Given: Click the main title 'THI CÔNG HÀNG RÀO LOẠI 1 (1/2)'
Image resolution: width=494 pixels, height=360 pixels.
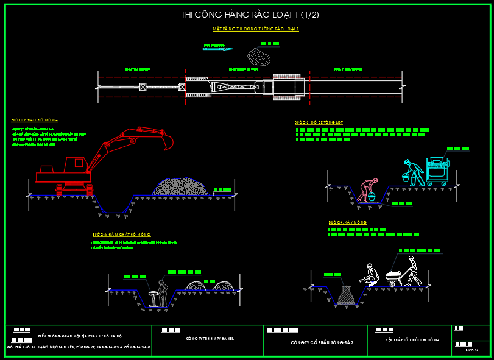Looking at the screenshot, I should tap(250, 15).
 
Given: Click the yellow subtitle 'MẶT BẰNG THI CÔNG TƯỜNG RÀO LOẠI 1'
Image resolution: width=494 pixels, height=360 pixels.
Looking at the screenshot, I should tap(255, 29).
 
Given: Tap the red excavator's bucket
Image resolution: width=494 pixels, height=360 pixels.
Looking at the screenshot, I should tap(166, 141).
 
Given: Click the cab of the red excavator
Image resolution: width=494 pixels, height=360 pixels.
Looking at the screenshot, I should tap(76, 163).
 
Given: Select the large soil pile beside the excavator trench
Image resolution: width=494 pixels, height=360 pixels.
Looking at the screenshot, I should tap(181, 186).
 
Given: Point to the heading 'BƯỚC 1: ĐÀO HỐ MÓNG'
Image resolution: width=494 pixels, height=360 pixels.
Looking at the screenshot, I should tap(35, 120).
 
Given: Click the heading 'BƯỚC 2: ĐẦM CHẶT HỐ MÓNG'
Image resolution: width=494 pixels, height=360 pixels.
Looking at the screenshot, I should tap(121, 235).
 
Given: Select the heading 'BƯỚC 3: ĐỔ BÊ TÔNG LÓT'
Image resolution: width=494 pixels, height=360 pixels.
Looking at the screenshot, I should tap(319, 122).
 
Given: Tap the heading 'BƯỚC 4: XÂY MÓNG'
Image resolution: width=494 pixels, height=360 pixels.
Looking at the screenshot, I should tap(347, 223).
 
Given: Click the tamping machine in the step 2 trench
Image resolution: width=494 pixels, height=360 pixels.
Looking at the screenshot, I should tap(152, 298).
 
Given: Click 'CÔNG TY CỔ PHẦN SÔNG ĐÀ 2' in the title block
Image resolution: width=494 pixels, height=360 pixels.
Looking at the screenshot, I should tap(313, 342).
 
